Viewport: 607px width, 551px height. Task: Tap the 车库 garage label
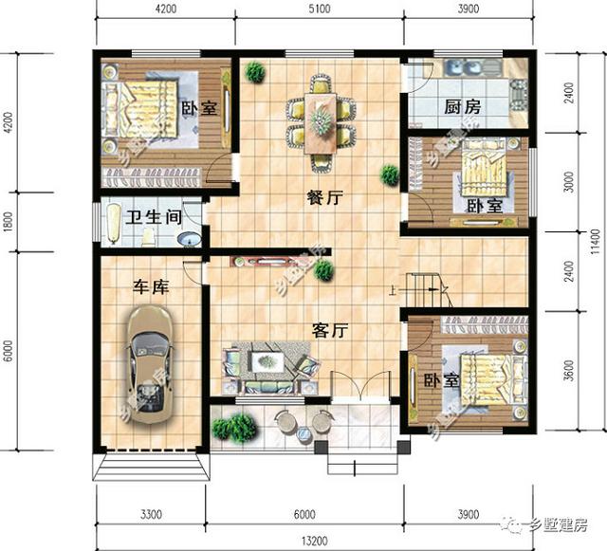[151, 286]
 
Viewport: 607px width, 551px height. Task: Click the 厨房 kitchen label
[462, 107]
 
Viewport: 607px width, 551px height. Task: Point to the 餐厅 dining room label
[323, 199]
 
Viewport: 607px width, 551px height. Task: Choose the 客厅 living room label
[331, 331]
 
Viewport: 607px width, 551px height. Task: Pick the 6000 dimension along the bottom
[303, 514]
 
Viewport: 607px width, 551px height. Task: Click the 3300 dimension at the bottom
[151, 514]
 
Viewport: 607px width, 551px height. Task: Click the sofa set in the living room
[267, 370]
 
